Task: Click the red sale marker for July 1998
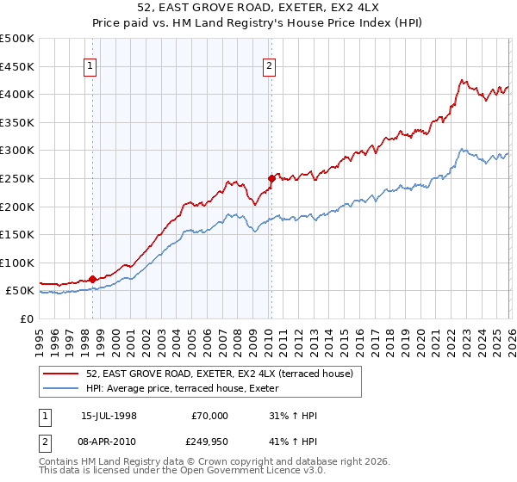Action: pyautogui.click(x=92, y=280)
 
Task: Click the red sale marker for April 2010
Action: pyautogui.click(x=271, y=179)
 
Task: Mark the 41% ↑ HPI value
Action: pyautogui.click(x=294, y=440)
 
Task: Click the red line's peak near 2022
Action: pyautogui.click(x=462, y=81)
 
